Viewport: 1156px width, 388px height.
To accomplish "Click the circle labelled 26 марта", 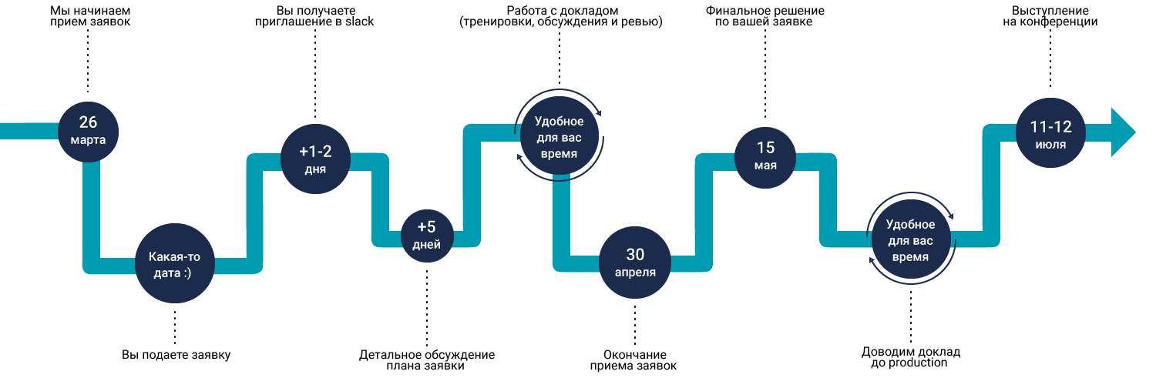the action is point(89,132).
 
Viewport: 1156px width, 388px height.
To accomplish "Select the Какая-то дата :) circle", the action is point(174,263).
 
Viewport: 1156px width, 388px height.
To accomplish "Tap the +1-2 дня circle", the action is point(315,159).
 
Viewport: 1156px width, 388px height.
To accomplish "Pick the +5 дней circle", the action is point(427,236).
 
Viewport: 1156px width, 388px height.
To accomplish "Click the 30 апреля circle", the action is point(635,263).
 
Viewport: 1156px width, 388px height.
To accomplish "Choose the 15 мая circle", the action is point(765,158).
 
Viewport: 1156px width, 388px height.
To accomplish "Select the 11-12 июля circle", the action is point(1050,133).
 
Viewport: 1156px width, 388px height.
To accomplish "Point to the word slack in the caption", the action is point(360,22).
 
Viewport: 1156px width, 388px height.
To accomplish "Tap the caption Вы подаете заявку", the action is point(176,355).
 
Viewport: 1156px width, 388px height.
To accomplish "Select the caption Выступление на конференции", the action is point(1050,16).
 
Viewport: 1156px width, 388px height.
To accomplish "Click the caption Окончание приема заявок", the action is point(633,360).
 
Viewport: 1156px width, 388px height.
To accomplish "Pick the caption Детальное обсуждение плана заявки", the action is point(427,360).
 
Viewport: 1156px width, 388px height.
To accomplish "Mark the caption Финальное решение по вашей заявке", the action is point(765,16).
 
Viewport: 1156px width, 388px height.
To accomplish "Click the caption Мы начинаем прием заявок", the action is point(90,16).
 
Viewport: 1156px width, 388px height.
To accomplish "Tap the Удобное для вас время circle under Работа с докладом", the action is point(560,136).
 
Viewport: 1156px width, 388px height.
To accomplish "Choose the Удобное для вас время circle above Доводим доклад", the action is point(911,239).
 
